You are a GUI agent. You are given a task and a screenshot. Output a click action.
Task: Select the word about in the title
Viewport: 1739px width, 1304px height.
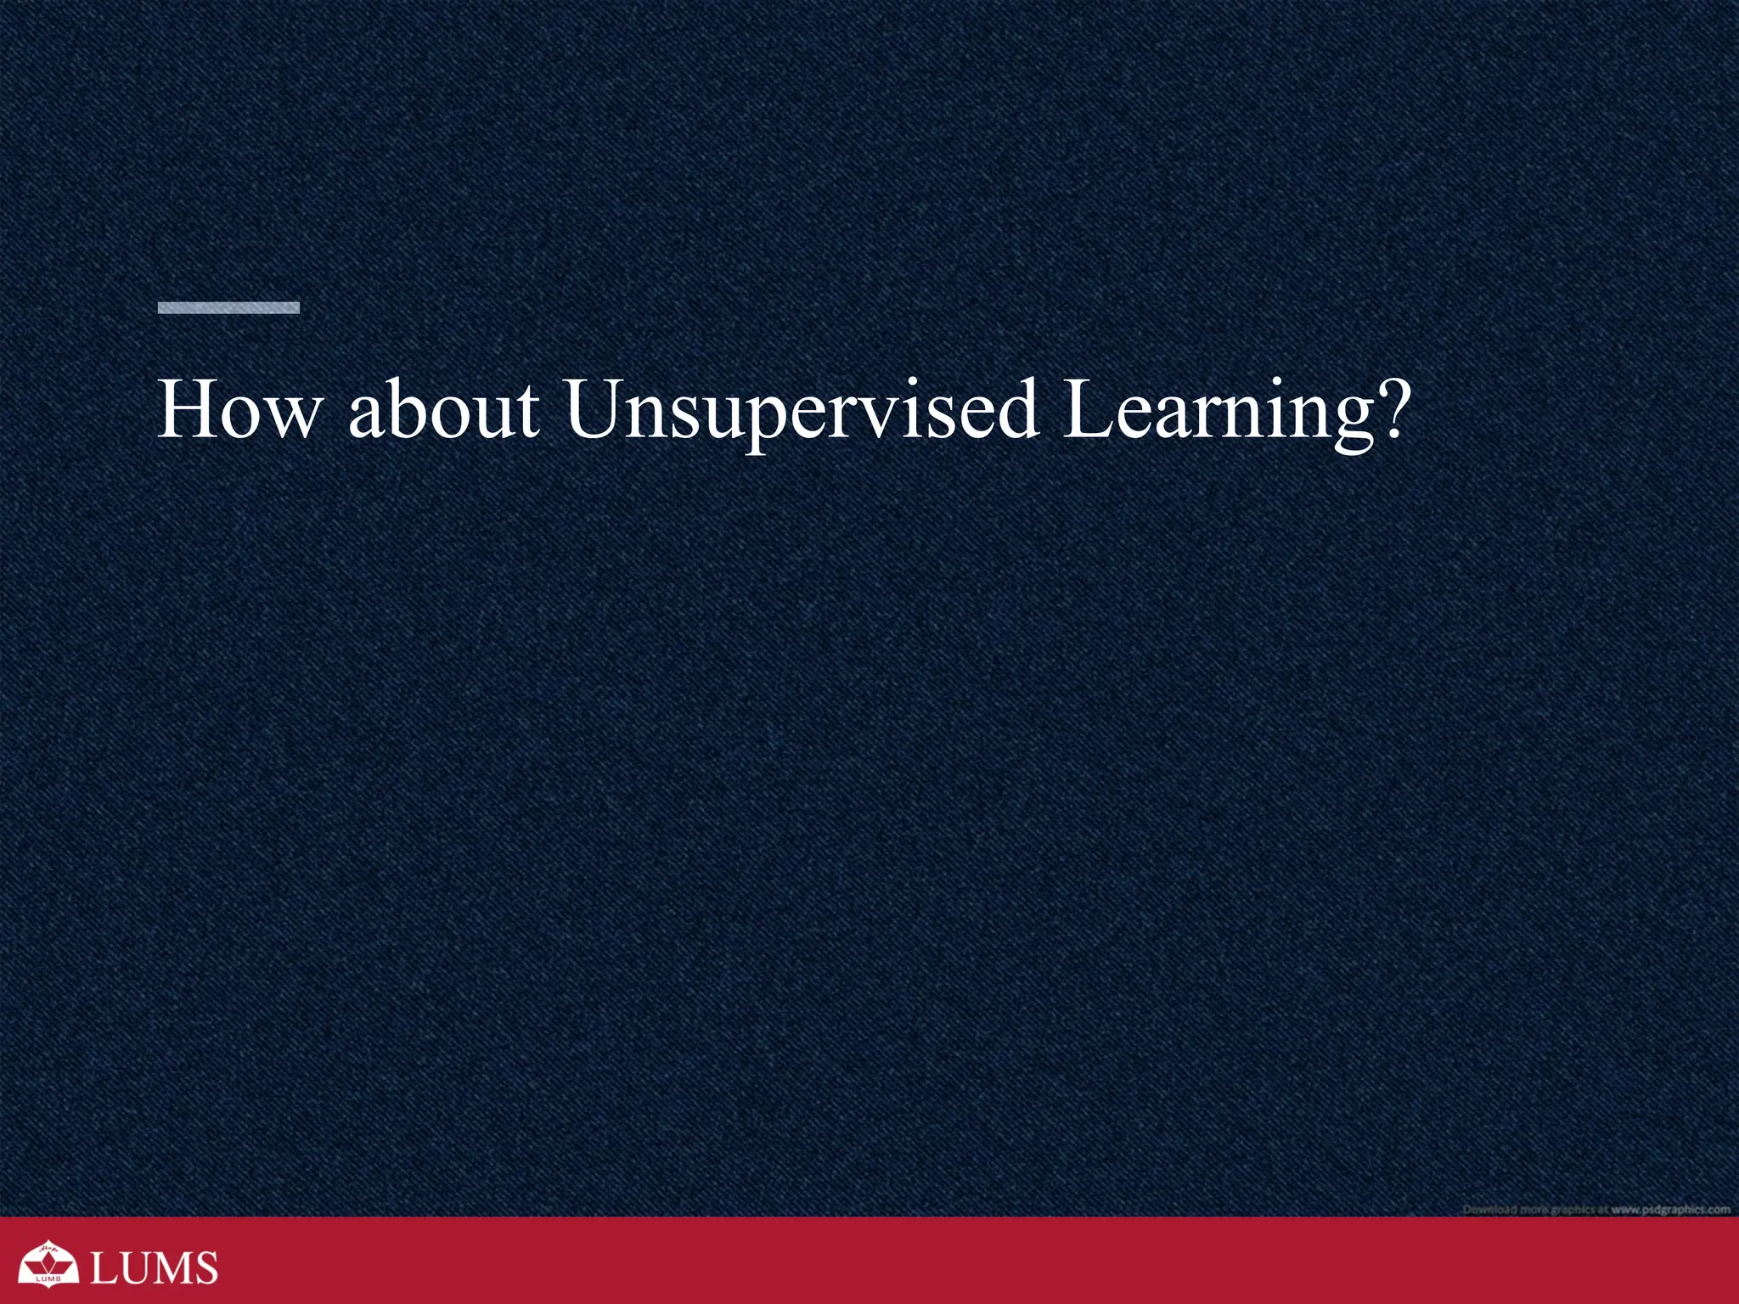443,410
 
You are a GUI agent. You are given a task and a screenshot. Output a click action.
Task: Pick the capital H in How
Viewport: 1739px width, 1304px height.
189,410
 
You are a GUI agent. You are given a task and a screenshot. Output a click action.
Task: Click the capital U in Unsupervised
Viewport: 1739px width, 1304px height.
599,410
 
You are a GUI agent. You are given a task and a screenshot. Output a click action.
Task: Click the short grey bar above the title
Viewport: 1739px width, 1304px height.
228,307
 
